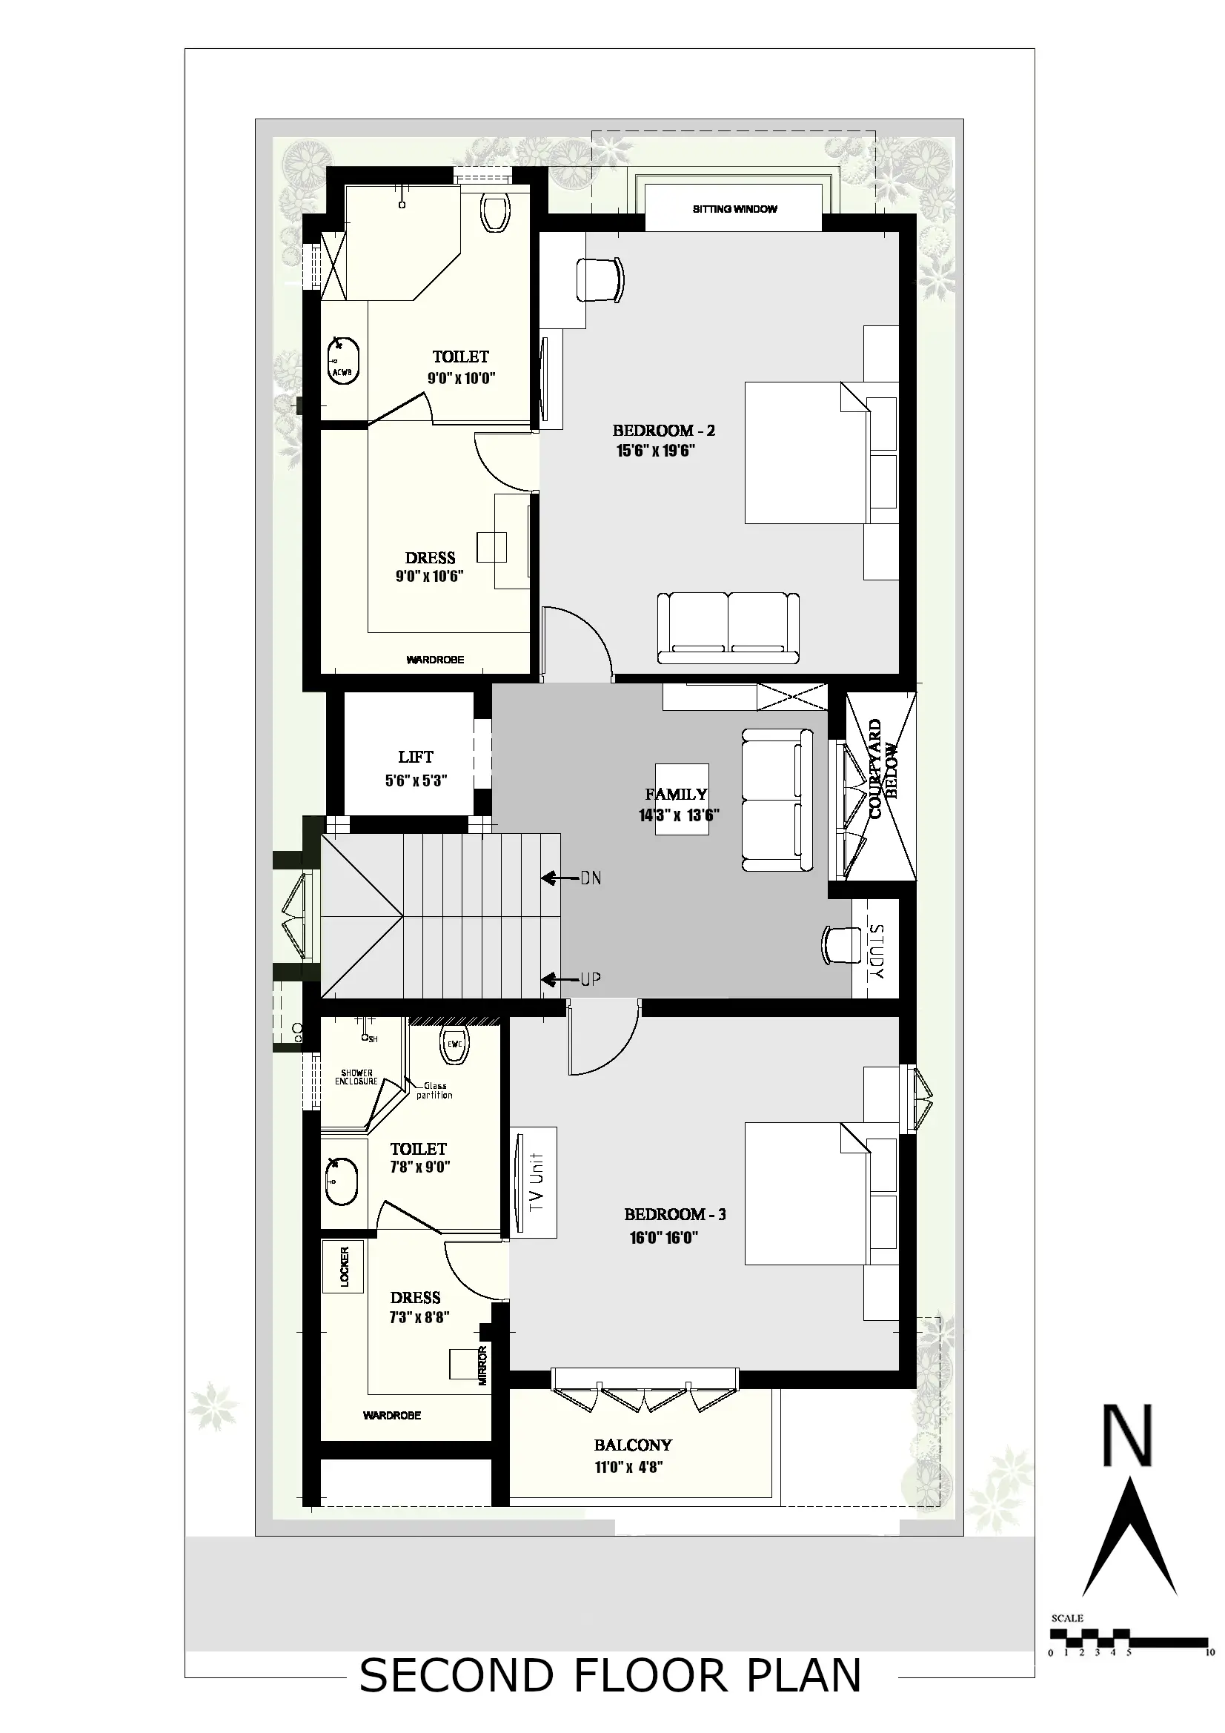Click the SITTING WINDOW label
(x=734, y=209)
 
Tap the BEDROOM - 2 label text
(x=663, y=430)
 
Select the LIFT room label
(x=416, y=756)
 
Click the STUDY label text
(x=876, y=952)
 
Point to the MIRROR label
(x=483, y=1366)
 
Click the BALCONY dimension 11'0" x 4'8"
(x=628, y=1468)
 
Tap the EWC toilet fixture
(x=454, y=1046)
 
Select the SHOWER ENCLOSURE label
(x=356, y=1077)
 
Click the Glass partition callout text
(x=435, y=1090)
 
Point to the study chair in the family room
(x=841, y=944)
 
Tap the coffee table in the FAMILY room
(x=682, y=798)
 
